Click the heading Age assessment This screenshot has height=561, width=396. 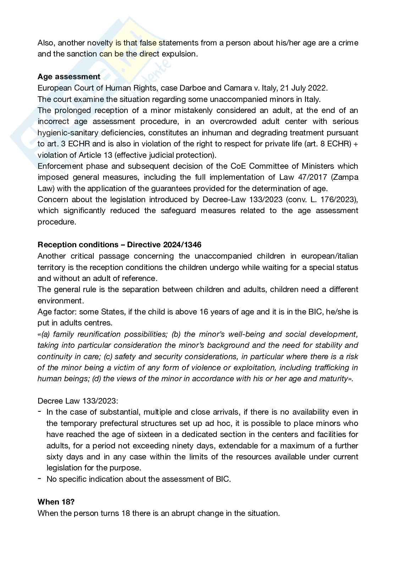click(x=69, y=76)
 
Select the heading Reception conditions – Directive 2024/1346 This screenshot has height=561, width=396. click(x=119, y=244)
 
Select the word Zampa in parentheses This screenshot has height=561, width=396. click(x=347, y=177)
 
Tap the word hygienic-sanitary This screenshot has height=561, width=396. click(x=65, y=133)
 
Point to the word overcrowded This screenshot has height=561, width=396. click(x=233, y=121)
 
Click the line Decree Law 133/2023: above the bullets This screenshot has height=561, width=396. click(x=78, y=401)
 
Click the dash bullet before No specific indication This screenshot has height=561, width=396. click(x=39, y=479)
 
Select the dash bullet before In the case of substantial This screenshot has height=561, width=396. click(x=39, y=412)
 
